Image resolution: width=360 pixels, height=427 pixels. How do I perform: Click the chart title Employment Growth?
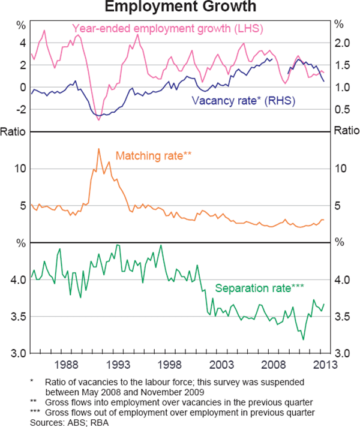coord(179,7)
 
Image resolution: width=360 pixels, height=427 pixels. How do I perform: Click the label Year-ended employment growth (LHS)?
coord(168,28)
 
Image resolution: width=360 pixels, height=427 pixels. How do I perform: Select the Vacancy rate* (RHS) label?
coord(242,100)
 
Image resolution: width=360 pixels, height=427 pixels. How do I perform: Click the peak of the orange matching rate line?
coord(98,149)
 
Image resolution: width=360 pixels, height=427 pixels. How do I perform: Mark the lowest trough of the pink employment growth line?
coord(98,121)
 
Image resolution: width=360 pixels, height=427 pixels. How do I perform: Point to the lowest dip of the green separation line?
coord(303,339)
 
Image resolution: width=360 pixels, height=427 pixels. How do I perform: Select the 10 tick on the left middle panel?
coord(22,168)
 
